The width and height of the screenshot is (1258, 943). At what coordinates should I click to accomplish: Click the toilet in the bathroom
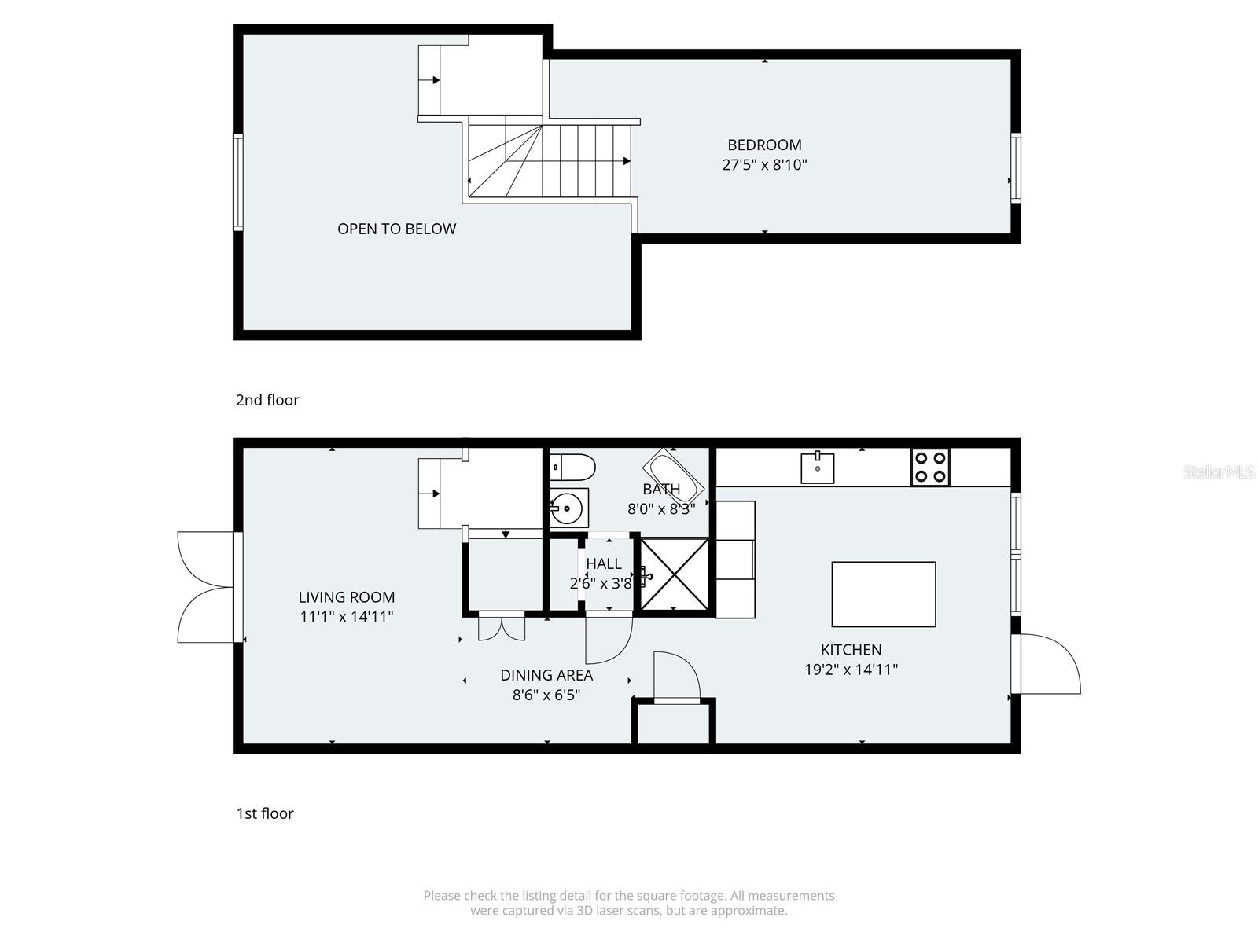[x=573, y=467]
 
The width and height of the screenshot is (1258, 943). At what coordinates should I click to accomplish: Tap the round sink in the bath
[x=568, y=508]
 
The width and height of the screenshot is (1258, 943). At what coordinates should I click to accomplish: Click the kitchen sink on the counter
[x=818, y=468]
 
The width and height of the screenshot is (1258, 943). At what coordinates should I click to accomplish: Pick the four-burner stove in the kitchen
[x=930, y=467]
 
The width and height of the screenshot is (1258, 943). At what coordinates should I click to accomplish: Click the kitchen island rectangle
[x=884, y=594]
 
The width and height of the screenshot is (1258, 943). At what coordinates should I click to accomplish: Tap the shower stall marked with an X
[x=674, y=574]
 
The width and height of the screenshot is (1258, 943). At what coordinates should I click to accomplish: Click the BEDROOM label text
[x=764, y=145]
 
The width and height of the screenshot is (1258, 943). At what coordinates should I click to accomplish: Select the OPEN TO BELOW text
[x=396, y=229]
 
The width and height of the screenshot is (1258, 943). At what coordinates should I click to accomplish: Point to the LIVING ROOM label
[x=347, y=597]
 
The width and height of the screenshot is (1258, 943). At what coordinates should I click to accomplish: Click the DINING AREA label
[x=546, y=675]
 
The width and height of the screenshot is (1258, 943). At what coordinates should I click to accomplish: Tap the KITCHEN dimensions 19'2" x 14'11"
[x=851, y=670]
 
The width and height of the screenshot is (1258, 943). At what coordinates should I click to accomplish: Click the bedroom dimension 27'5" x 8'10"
[x=764, y=165]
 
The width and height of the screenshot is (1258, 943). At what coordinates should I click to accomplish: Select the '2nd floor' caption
[x=267, y=400]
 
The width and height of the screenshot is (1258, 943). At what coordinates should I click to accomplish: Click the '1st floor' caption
[x=265, y=813]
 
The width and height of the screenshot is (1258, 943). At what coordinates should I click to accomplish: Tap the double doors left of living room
[x=206, y=587]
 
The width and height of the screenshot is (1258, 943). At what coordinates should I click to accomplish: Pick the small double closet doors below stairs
[x=502, y=626]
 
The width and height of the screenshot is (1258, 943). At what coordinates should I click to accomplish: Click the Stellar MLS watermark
[x=1219, y=472]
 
